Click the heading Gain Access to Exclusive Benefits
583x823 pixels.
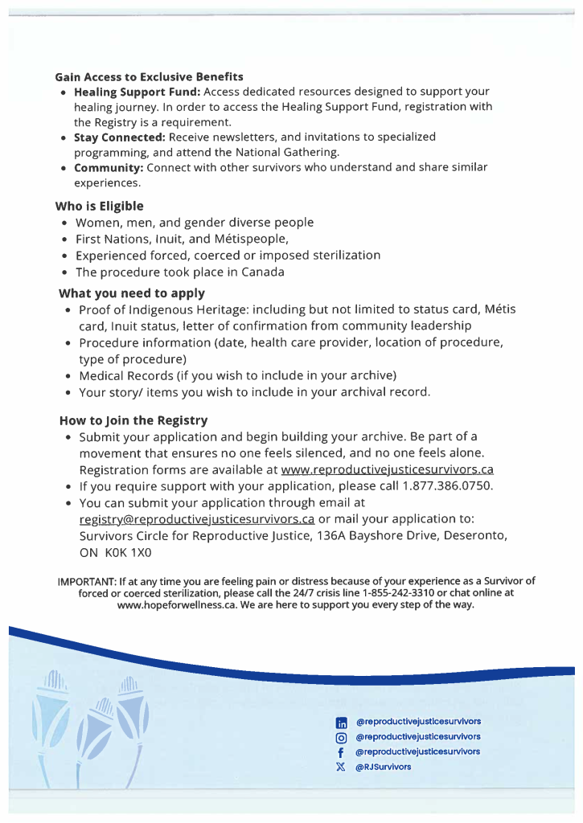[149, 77]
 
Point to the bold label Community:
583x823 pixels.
[109, 168]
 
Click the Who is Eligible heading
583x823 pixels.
[99, 206]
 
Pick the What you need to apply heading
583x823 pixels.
[132, 293]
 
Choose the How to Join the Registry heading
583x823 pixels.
[133, 420]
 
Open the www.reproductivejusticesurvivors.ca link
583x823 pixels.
[387, 469]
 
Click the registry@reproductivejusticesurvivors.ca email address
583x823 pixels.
[197, 518]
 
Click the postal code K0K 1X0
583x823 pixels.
[127, 552]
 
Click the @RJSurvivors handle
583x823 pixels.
[384, 767]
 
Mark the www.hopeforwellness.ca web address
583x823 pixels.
[164, 605]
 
